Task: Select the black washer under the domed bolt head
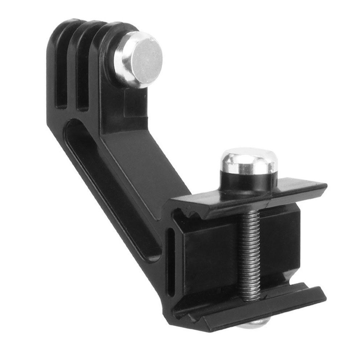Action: click(x=250, y=179)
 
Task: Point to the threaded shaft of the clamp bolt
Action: click(x=250, y=254)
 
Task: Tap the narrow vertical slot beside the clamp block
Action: click(x=170, y=261)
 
